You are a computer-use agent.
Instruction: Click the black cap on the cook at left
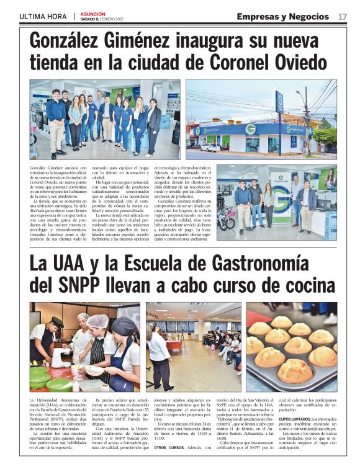[56, 320]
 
